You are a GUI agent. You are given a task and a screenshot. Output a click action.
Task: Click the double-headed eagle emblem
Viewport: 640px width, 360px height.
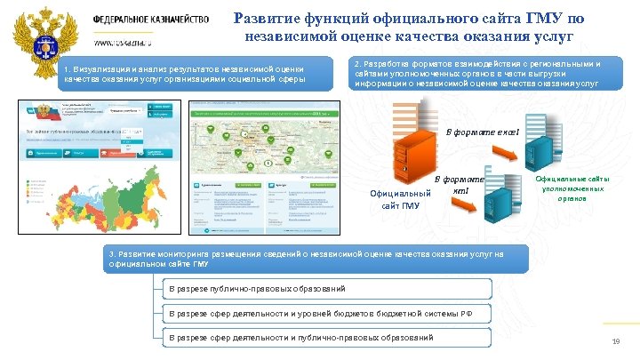point(40,36)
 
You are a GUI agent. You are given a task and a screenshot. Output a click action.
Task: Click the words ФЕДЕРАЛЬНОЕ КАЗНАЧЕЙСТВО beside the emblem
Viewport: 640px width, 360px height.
point(151,19)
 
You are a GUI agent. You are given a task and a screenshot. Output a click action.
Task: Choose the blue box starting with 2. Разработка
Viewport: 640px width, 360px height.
point(477,75)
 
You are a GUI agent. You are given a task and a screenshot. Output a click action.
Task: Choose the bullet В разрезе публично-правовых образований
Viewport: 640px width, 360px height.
point(329,288)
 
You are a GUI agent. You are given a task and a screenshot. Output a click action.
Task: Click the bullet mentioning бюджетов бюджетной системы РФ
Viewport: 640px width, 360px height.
point(329,313)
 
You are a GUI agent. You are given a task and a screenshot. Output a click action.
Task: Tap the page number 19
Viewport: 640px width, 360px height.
point(615,344)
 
